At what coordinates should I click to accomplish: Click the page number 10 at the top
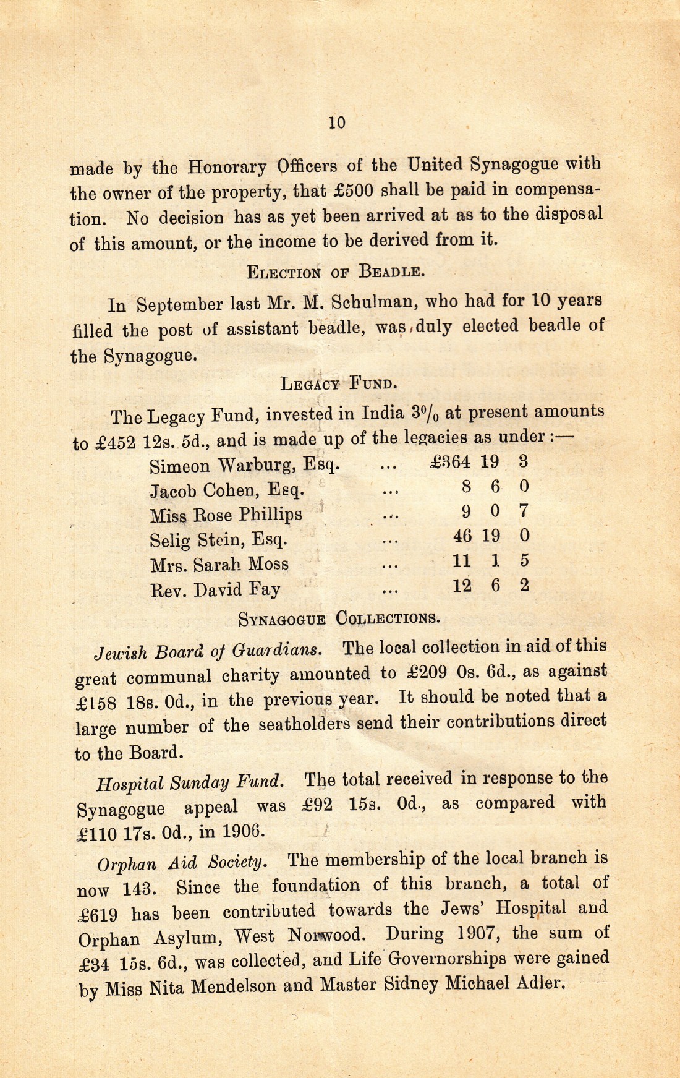337,122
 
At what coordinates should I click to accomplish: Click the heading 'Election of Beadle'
335,271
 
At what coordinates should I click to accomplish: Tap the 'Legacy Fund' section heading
338,383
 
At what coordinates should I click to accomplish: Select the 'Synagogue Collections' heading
339,618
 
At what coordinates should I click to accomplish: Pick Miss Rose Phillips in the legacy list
226,515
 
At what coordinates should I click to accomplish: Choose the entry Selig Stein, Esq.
219,540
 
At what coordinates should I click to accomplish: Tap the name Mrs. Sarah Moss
219,565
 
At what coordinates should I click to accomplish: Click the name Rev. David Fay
215,589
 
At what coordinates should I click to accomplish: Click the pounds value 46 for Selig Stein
462,536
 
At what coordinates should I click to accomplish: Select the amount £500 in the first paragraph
352,190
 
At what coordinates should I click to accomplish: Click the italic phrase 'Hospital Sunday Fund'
190,783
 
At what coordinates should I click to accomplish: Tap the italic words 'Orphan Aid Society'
182,862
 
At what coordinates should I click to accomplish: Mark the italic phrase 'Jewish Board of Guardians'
208,651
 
